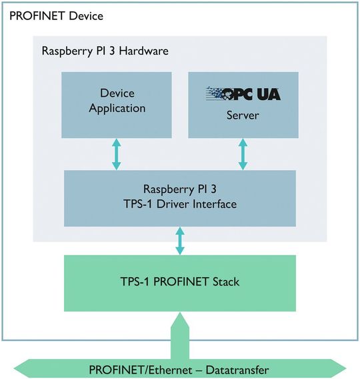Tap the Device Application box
(x=117, y=101)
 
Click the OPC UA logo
(x=243, y=93)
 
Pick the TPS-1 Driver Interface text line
(x=180, y=204)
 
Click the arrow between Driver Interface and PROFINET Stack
(x=180, y=241)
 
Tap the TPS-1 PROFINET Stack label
(x=180, y=282)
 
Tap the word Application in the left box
(x=117, y=107)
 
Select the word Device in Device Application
(x=117, y=93)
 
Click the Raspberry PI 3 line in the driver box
(x=180, y=190)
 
